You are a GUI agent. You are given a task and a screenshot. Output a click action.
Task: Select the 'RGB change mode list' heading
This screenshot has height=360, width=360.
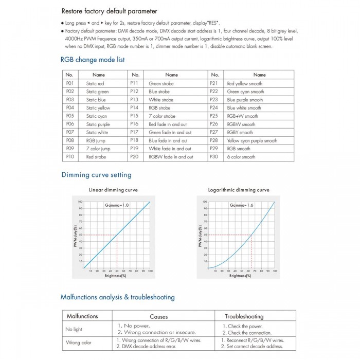[93, 60]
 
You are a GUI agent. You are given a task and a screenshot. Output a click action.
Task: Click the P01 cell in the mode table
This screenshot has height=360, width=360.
[70, 83]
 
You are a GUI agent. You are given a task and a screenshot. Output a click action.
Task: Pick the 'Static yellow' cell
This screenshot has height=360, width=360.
[98, 108]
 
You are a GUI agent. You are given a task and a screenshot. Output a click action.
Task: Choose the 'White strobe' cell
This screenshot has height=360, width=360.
[161, 100]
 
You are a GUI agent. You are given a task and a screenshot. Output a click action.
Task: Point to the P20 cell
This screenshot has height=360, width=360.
[134, 157]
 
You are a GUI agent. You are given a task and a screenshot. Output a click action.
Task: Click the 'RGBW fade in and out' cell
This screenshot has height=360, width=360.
[171, 157]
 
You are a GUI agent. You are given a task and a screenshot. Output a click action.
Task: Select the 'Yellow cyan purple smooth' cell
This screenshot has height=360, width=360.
[251, 140]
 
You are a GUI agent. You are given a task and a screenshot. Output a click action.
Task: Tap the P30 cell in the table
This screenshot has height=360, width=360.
[214, 157]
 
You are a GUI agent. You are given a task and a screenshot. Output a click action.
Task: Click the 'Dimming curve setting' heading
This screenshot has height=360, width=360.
[96, 175]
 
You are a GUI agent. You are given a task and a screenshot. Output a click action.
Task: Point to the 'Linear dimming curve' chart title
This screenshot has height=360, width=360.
[114, 190]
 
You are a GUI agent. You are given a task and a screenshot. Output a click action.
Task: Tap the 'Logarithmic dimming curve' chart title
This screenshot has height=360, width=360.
[239, 190]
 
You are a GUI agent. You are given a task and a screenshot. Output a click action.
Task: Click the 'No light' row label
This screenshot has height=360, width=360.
[75, 329]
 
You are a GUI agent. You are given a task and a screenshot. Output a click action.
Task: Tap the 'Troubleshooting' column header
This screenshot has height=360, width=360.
[245, 316]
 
